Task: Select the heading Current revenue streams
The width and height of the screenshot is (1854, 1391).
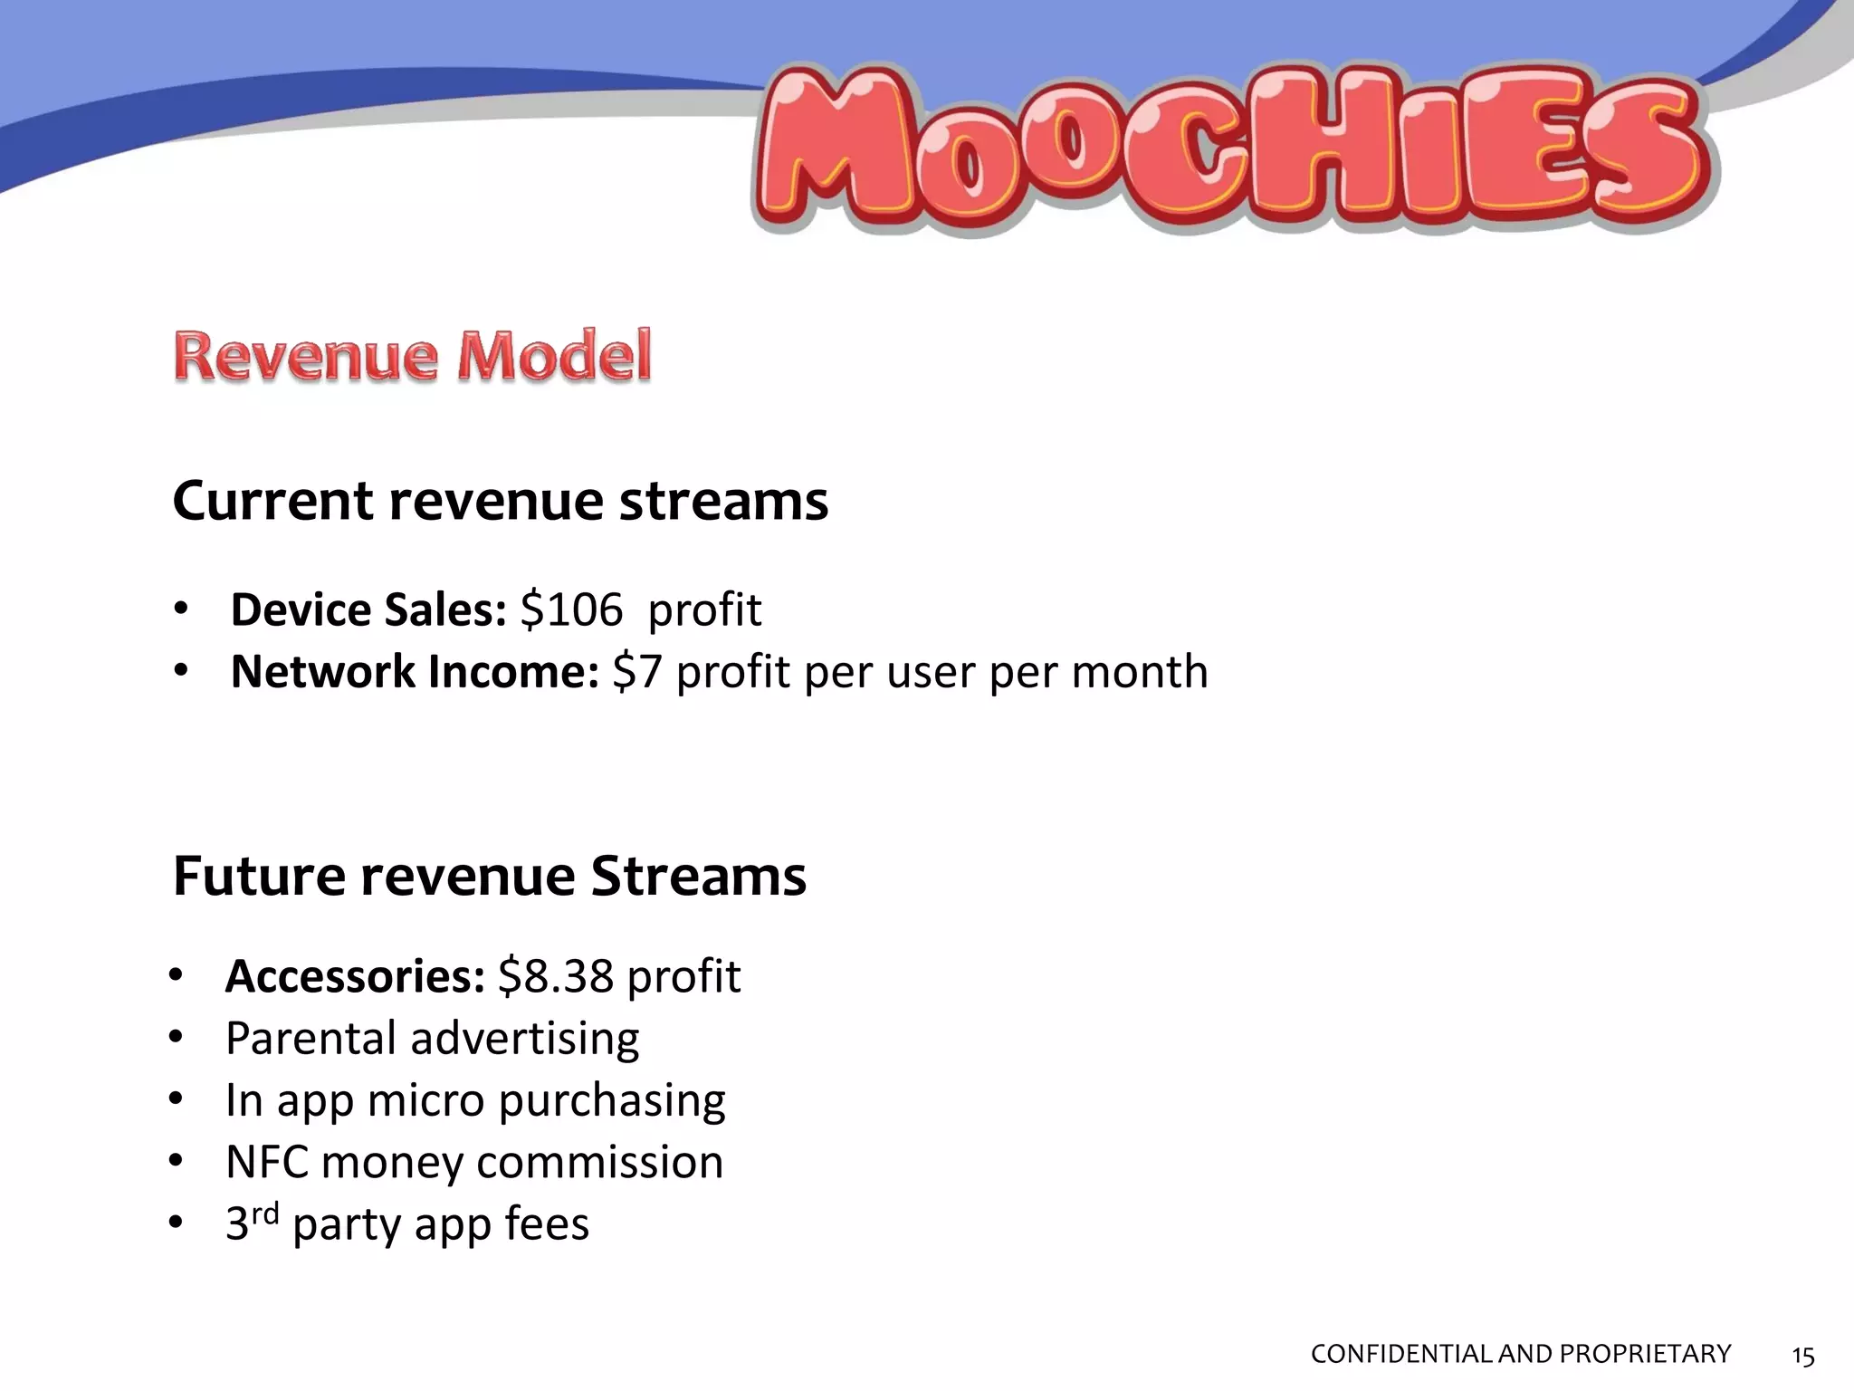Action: click(500, 501)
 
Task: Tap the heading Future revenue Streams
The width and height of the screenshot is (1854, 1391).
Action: click(489, 877)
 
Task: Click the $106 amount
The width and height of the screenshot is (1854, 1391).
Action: click(571, 609)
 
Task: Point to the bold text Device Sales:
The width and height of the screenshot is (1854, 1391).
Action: click(368, 609)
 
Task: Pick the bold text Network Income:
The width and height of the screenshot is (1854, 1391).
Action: click(414, 672)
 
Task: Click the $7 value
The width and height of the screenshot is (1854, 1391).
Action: click(636, 672)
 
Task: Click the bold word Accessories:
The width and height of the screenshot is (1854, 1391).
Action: click(355, 976)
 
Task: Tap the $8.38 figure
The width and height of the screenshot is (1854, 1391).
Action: click(555, 976)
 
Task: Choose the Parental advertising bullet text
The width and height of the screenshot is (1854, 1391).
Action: click(432, 1039)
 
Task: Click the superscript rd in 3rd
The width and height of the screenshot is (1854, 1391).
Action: click(264, 1213)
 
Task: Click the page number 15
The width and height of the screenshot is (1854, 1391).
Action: click(1802, 1356)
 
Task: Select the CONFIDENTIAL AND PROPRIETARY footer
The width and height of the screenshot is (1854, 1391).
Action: click(1520, 1354)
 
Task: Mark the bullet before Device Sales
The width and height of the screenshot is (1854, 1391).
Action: click(180, 609)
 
